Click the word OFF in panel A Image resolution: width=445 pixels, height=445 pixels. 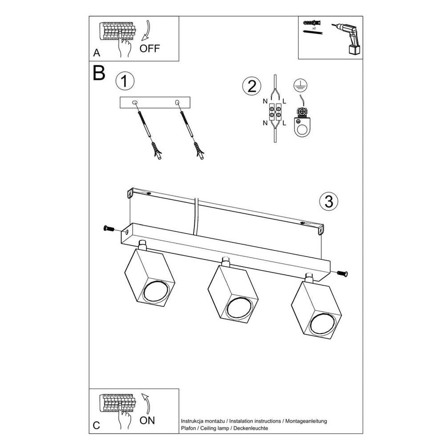149,49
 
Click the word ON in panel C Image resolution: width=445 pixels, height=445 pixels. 147,420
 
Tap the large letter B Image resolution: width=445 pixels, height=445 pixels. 99,73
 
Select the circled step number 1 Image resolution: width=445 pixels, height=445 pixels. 125,81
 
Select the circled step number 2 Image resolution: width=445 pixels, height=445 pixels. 252,85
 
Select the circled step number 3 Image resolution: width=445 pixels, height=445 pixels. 329,201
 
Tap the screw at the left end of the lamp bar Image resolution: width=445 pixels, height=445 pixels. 108,229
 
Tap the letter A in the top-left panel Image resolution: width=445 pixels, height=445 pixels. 97,53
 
